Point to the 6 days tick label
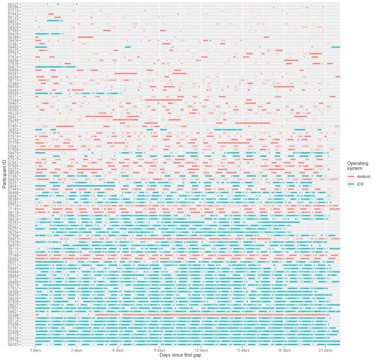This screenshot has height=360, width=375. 118,350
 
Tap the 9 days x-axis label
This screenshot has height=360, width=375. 159,350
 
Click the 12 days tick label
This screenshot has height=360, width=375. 201,350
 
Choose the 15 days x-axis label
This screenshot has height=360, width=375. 242,350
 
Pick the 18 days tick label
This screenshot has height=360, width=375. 284,350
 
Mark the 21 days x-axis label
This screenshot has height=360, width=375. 325,350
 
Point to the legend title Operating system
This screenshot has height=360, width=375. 356,166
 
